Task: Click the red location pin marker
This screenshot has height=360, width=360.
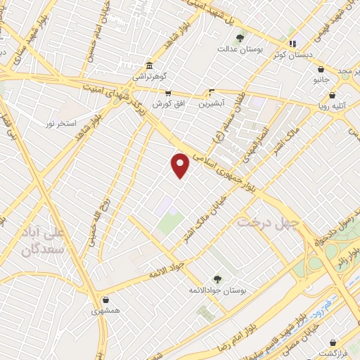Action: click(x=181, y=165)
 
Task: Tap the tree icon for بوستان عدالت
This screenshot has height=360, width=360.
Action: click(x=240, y=37)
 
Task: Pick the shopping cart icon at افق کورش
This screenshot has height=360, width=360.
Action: click(x=168, y=92)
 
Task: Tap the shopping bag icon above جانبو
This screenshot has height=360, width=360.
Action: click(x=321, y=70)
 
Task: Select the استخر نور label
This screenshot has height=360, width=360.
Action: click(x=60, y=123)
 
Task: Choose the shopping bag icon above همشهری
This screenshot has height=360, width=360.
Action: click(x=105, y=298)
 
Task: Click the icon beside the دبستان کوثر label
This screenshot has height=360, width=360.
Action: click(x=293, y=44)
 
